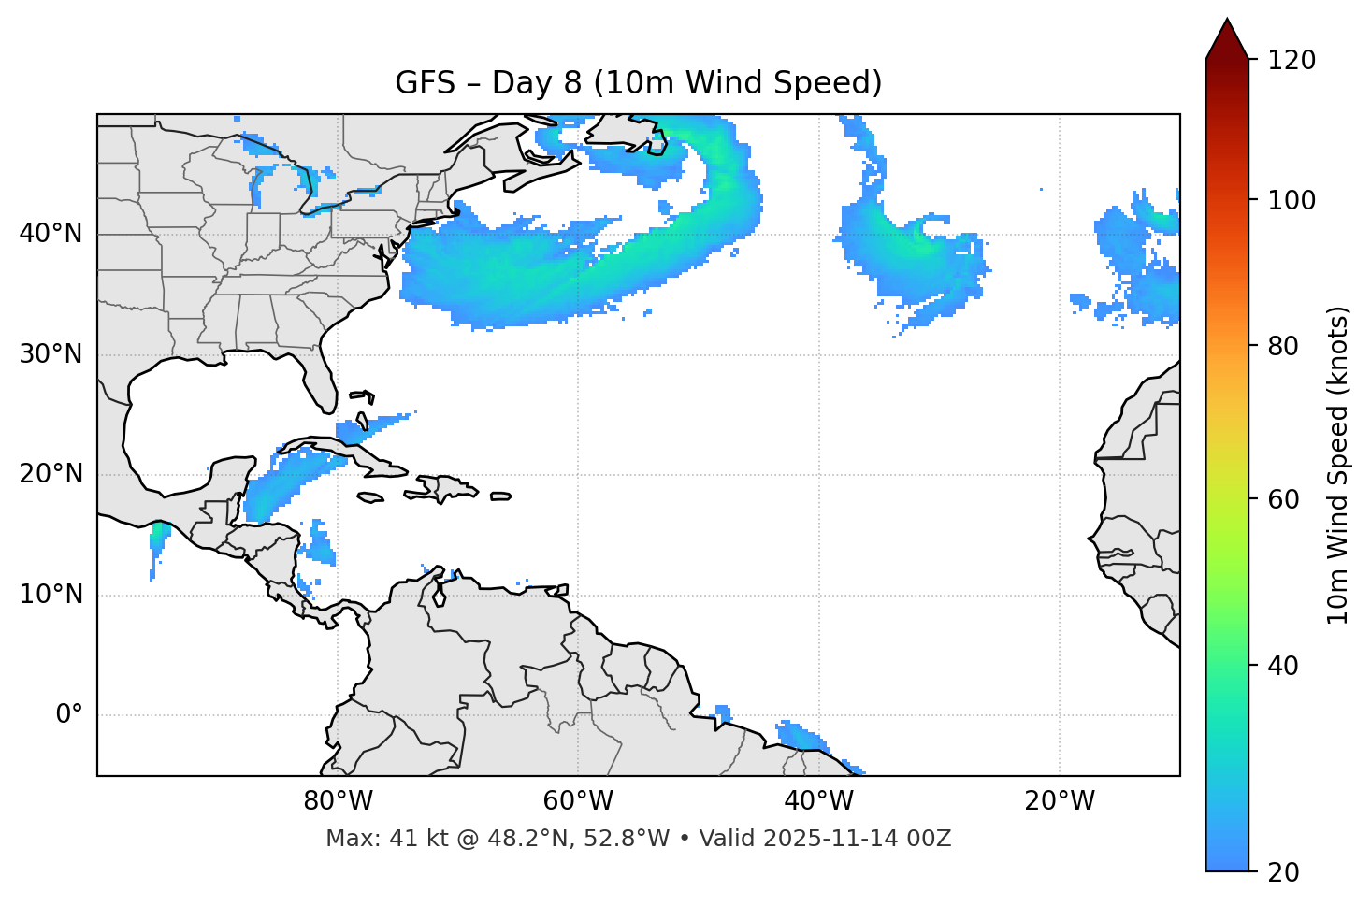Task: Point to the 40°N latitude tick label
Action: (x=51, y=234)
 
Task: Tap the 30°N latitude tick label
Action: (x=51, y=354)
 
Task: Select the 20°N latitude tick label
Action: (x=51, y=474)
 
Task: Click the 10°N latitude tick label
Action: (x=51, y=595)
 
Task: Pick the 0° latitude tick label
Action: (x=69, y=715)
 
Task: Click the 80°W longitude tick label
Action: (x=338, y=801)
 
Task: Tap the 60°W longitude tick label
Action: (x=578, y=801)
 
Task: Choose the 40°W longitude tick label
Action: (x=818, y=801)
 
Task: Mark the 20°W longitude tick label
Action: (x=1059, y=801)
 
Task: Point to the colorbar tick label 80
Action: (x=1288, y=346)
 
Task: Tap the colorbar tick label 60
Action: (x=1288, y=499)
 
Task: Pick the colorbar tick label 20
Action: (x=1288, y=872)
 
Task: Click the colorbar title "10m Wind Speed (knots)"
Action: (x=1338, y=465)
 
